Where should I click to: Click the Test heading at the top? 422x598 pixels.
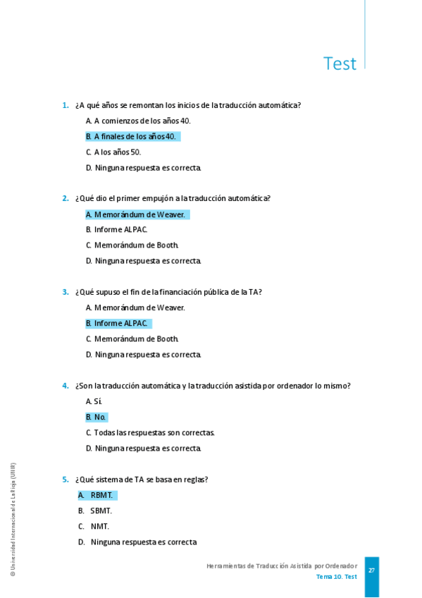(340, 64)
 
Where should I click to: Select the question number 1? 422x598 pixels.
(65, 106)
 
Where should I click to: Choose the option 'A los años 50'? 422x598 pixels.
(113, 152)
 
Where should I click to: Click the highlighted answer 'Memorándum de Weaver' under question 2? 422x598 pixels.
(137, 214)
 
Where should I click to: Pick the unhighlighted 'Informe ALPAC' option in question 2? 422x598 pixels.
(117, 230)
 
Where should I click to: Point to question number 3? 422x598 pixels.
(65, 292)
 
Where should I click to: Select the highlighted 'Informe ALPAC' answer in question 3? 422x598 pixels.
(118, 324)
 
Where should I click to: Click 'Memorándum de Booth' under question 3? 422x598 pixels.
(132, 339)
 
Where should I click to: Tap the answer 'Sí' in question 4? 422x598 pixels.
(94, 401)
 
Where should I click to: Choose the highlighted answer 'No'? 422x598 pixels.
(97, 417)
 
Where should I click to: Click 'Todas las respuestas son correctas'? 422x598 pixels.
(150, 433)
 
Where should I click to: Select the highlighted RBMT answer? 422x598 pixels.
(97, 495)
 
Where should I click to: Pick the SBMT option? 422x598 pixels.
(95, 511)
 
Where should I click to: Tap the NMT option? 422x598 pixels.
(94, 526)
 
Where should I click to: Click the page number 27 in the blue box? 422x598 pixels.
(371, 570)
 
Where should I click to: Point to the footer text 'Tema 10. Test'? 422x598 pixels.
(336, 577)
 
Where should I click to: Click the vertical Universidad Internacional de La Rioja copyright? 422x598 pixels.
(12, 520)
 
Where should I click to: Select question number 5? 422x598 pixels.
(65, 480)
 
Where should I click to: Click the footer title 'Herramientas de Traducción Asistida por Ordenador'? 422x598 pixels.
(281, 566)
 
